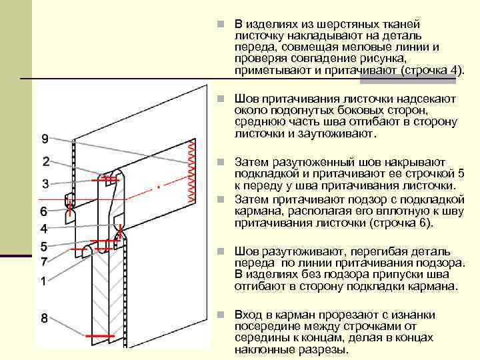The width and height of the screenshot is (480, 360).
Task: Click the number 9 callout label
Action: click(44, 139)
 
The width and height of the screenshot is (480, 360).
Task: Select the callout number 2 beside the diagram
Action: click(45, 161)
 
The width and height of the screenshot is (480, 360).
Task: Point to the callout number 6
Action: click(43, 211)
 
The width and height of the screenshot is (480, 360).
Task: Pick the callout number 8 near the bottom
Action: click(44, 319)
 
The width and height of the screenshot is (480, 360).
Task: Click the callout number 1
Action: click(43, 281)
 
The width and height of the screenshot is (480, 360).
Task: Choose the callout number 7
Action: click(43, 261)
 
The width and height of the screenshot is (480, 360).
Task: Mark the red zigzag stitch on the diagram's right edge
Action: click(193, 172)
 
